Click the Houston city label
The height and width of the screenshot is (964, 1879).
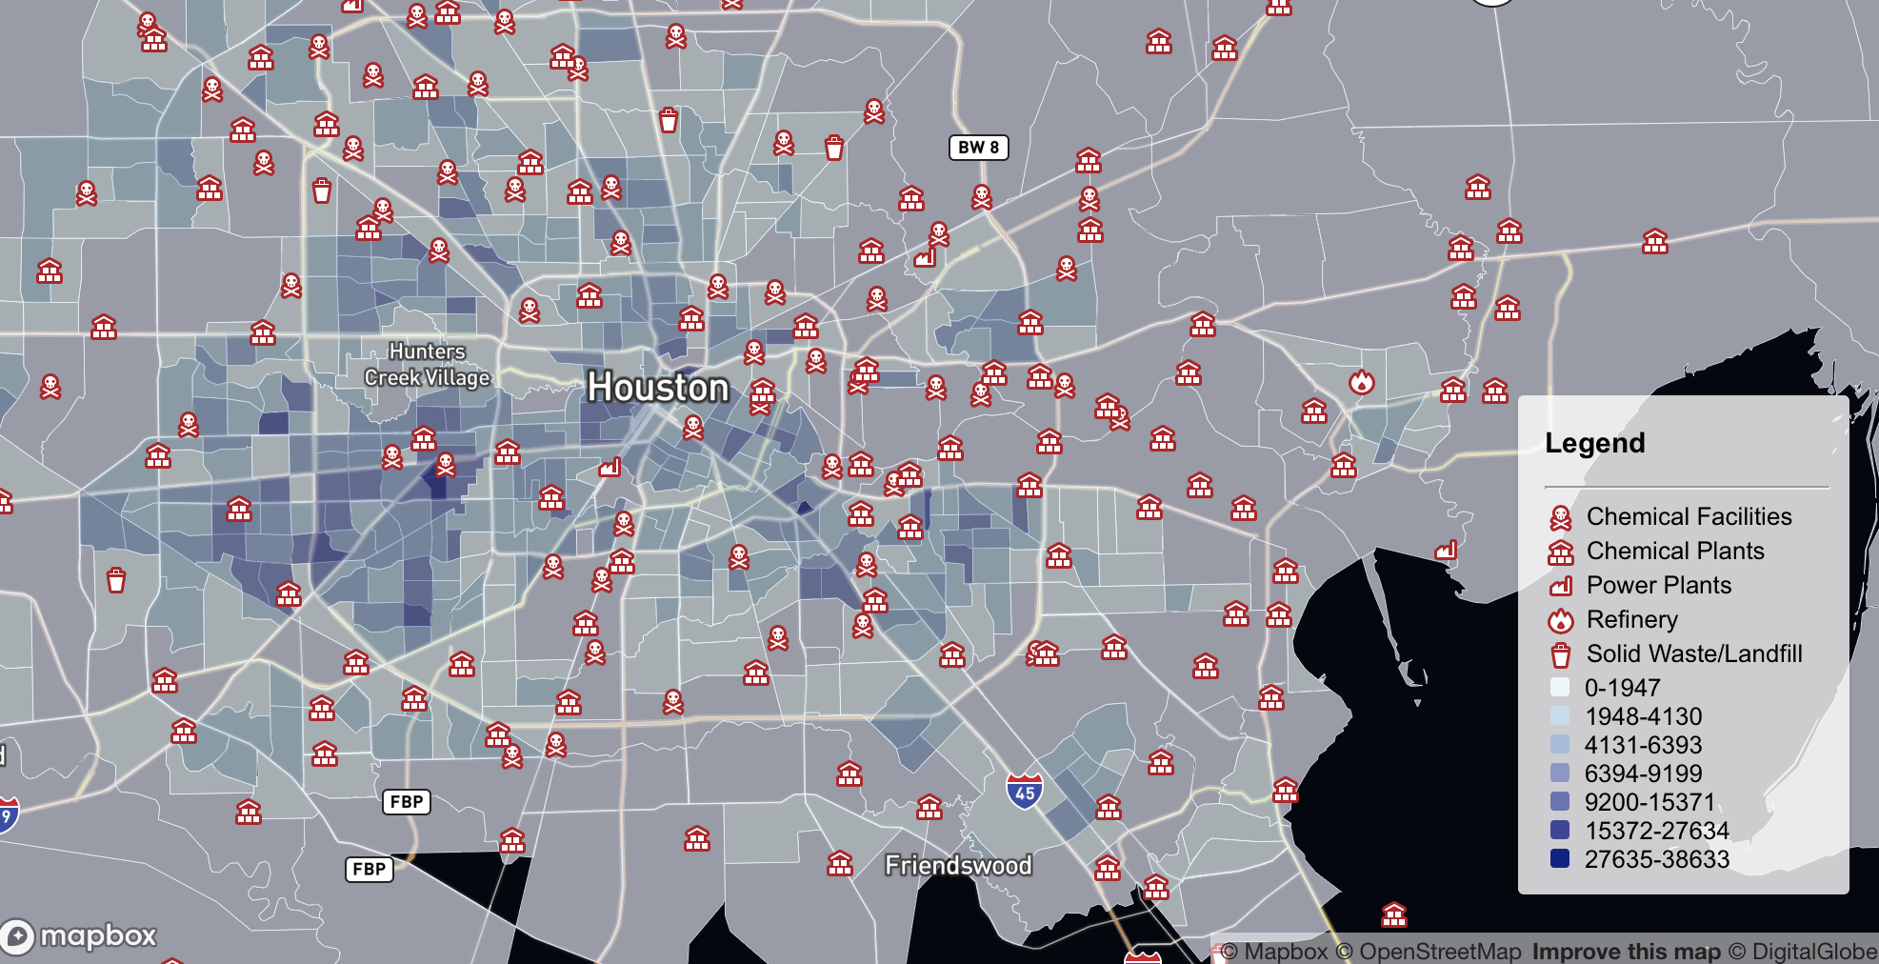(658, 388)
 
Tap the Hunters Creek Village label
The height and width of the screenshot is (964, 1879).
(427, 365)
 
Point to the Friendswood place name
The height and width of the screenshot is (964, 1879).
(958, 865)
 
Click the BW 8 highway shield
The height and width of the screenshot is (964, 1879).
(978, 148)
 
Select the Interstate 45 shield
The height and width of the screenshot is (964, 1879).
(1025, 791)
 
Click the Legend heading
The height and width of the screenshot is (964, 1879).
(1595, 443)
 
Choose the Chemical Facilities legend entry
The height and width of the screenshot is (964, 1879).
(1689, 516)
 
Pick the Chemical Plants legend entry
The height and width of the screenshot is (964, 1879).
(1674, 551)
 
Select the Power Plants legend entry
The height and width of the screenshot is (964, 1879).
(1658, 585)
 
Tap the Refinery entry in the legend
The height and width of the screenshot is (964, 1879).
(1631, 619)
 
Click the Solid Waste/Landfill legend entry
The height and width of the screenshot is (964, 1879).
(1693, 653)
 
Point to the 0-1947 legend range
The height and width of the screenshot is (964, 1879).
(1622, 688)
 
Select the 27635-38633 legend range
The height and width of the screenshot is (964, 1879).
(1656, 859)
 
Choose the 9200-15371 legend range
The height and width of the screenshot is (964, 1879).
(1649, 802)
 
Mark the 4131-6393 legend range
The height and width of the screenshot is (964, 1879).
(1643, 745)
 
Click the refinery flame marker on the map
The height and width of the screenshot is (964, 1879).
(1362, 382)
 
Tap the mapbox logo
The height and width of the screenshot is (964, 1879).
(80, 936)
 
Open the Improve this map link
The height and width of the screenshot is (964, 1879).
(1626, 952)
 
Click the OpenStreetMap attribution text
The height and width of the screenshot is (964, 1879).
(1439, 952)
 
